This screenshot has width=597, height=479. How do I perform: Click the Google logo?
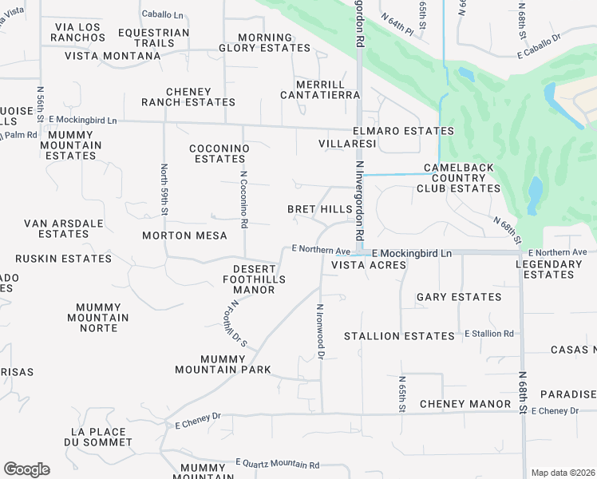click(x=26, y=469)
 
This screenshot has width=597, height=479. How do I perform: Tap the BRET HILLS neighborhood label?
click(x=320, y=209)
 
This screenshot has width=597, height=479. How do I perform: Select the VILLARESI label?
click(x=347, y=144)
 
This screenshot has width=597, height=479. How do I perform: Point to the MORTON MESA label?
click(x=184, y=236)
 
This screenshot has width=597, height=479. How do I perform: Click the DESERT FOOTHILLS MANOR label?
click(x=254, y=279)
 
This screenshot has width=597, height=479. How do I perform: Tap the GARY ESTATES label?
click(x=459, y=297)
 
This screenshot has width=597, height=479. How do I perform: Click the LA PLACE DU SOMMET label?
click(x=101, y=437)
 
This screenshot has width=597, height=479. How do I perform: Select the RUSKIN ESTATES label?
click(x=53, y=259)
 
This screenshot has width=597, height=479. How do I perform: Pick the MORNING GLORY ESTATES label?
click(x=265, y=43)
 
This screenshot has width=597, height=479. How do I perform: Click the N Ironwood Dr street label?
click(x=321, y=329)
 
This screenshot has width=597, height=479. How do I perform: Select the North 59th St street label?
click(x=164, y=189)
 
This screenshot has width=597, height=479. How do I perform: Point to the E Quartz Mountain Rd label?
click(x=277, y=464)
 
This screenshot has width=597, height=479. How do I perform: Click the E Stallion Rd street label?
click(x=489, y=333)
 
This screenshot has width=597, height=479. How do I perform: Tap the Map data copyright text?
click(x=562, y=473)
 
